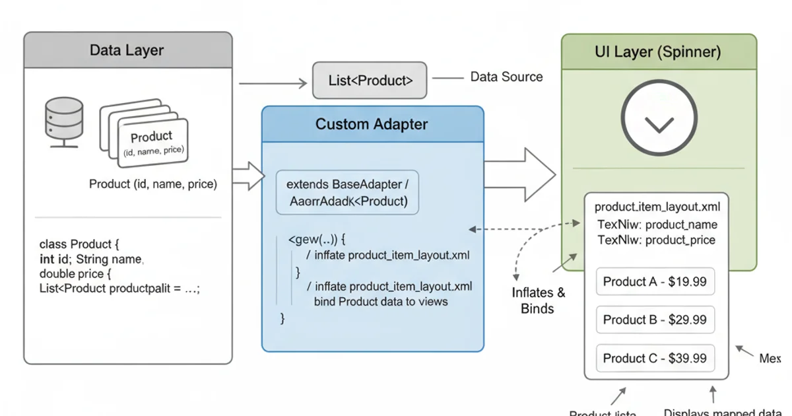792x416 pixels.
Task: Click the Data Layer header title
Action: click(127, 50)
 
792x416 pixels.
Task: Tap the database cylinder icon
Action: click(63, 122)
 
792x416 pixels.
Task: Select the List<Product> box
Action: click(370, 81)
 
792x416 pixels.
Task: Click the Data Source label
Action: click(506, 77)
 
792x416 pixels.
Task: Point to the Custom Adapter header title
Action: click(372, 124)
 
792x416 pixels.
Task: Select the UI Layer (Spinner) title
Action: click(658, 52)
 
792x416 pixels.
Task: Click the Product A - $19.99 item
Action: click(655, 282)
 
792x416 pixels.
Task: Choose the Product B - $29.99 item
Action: click(655, 320)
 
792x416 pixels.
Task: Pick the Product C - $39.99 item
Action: click(655, 359)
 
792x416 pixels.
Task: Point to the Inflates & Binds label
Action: click(538, 300)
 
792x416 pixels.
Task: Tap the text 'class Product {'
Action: click(79, 244)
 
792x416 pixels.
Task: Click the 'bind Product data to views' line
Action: click(381, 302)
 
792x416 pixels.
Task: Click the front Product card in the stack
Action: click(152, 142)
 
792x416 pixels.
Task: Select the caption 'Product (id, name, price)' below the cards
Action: click(152, 184)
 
